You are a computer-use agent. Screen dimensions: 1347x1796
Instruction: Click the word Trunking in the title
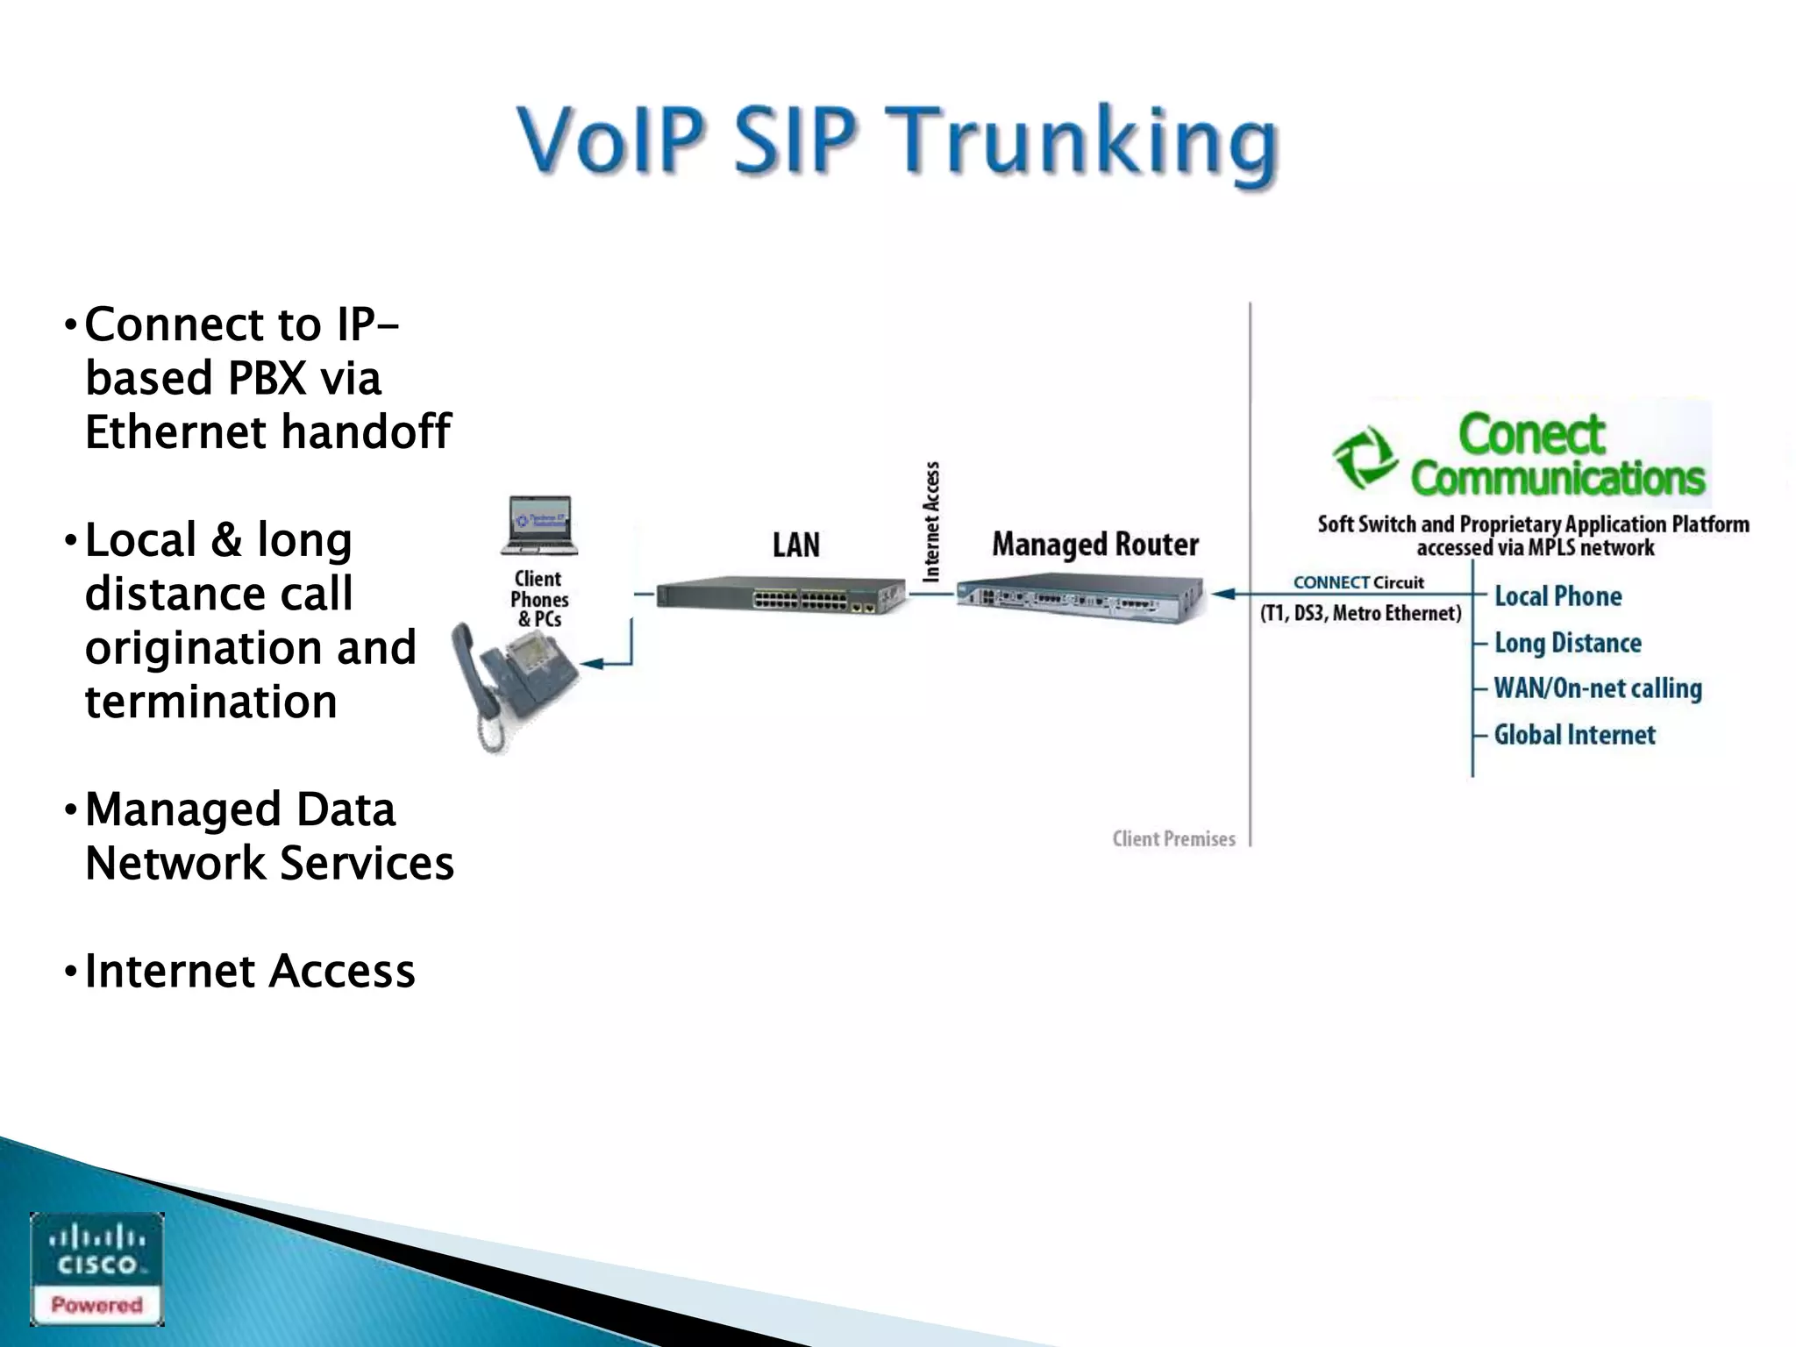(x=1084, y=140)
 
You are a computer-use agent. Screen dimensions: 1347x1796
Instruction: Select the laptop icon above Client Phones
(x=538, y=525)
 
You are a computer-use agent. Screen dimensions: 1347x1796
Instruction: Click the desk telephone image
(x=513, y=680)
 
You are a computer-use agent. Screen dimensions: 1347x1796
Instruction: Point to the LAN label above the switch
(x=795, y=545)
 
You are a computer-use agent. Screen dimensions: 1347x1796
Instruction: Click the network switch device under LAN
(x=780, y=595)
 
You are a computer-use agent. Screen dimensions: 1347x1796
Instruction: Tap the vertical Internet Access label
(x=931, y=521)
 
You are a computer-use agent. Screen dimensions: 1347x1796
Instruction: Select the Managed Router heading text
(x=1094, y=545)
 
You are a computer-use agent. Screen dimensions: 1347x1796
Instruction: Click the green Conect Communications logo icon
(x=1365, y=457)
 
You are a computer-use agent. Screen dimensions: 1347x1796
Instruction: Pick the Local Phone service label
(x=1557, y=596)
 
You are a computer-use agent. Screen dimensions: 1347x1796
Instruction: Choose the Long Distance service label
(x=1567, y=643)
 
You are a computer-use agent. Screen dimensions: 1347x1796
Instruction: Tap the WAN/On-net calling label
(x=1597, y=688)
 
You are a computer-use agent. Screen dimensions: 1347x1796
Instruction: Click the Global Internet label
(x=1574, y=735)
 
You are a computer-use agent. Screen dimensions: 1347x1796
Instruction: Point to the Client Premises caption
(x=1173, y=838)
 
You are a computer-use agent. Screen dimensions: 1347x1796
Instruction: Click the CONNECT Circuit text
(x=1358, y=582)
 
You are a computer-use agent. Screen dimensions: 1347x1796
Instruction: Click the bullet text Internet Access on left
(x=249, y=971)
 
